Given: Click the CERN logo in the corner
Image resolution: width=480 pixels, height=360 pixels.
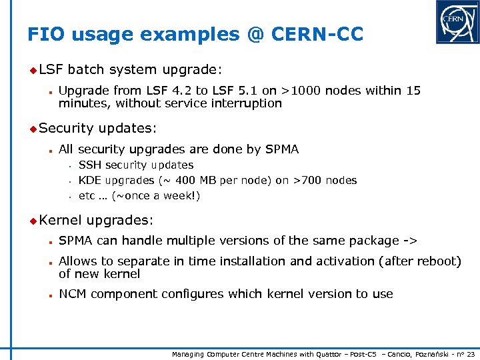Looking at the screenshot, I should (x=457, y=22).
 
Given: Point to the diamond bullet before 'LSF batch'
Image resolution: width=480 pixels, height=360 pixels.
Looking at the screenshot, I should (x=33, y=69).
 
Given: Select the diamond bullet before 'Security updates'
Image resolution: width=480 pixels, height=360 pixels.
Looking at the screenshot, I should (x=33, y=127).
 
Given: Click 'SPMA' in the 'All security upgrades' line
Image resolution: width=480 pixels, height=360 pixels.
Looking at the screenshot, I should (x=280, y=149).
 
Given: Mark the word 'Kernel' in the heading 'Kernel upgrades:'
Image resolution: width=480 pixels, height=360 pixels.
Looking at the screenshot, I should (x=60, y=219).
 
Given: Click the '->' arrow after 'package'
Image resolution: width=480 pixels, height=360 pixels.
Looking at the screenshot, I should (x=410, y=240).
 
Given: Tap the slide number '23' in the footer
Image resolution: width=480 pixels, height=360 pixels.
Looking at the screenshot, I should (x=470, y=353).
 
